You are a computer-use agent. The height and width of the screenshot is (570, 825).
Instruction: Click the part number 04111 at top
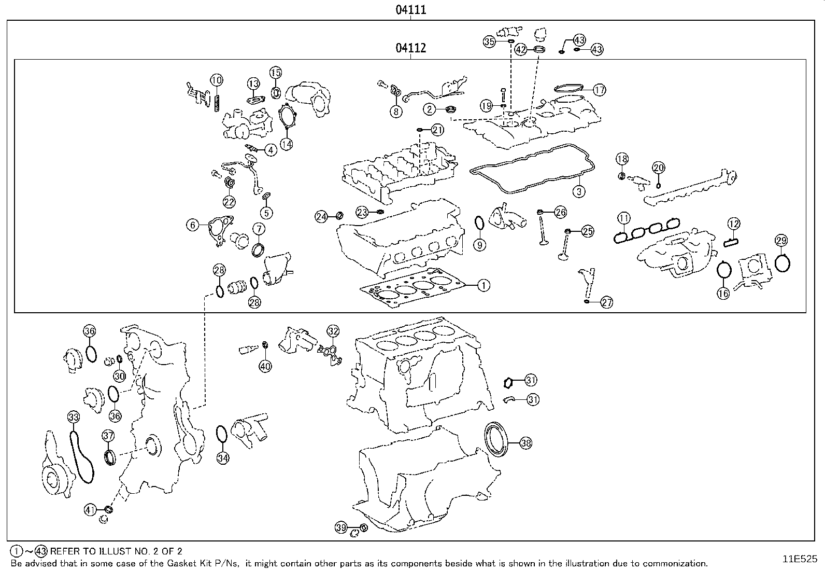(x=411, y=9)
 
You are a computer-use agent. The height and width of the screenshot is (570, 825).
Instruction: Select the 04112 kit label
(x=411, y=48)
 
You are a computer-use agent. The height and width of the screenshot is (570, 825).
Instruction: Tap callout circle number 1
(x=483, y=285)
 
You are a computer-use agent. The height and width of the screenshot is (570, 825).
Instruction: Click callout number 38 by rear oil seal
(x=525, y=443)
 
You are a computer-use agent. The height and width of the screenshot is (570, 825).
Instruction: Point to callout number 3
(x=579, y=191)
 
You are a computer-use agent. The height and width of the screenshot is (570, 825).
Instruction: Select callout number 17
(x=599, y=90)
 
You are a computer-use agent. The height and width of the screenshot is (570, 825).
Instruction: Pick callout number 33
(x=74, y=416)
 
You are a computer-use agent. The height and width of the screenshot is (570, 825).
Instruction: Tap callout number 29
(x=781, y=240)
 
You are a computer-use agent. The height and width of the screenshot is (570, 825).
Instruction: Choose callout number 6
(x=193, y=225)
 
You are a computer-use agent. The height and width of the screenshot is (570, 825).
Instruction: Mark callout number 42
(x=521, y=49)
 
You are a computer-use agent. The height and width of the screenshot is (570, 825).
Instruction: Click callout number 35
(x=490, y=41)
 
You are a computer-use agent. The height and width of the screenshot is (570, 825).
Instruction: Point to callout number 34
(x=223, y=458)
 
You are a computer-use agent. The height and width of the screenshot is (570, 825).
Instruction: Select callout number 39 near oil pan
(x=340, y=527)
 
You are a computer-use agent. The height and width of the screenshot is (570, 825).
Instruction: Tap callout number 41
(x=91, y=510)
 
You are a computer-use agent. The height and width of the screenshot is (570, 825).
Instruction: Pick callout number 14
(x=287, y=144)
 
